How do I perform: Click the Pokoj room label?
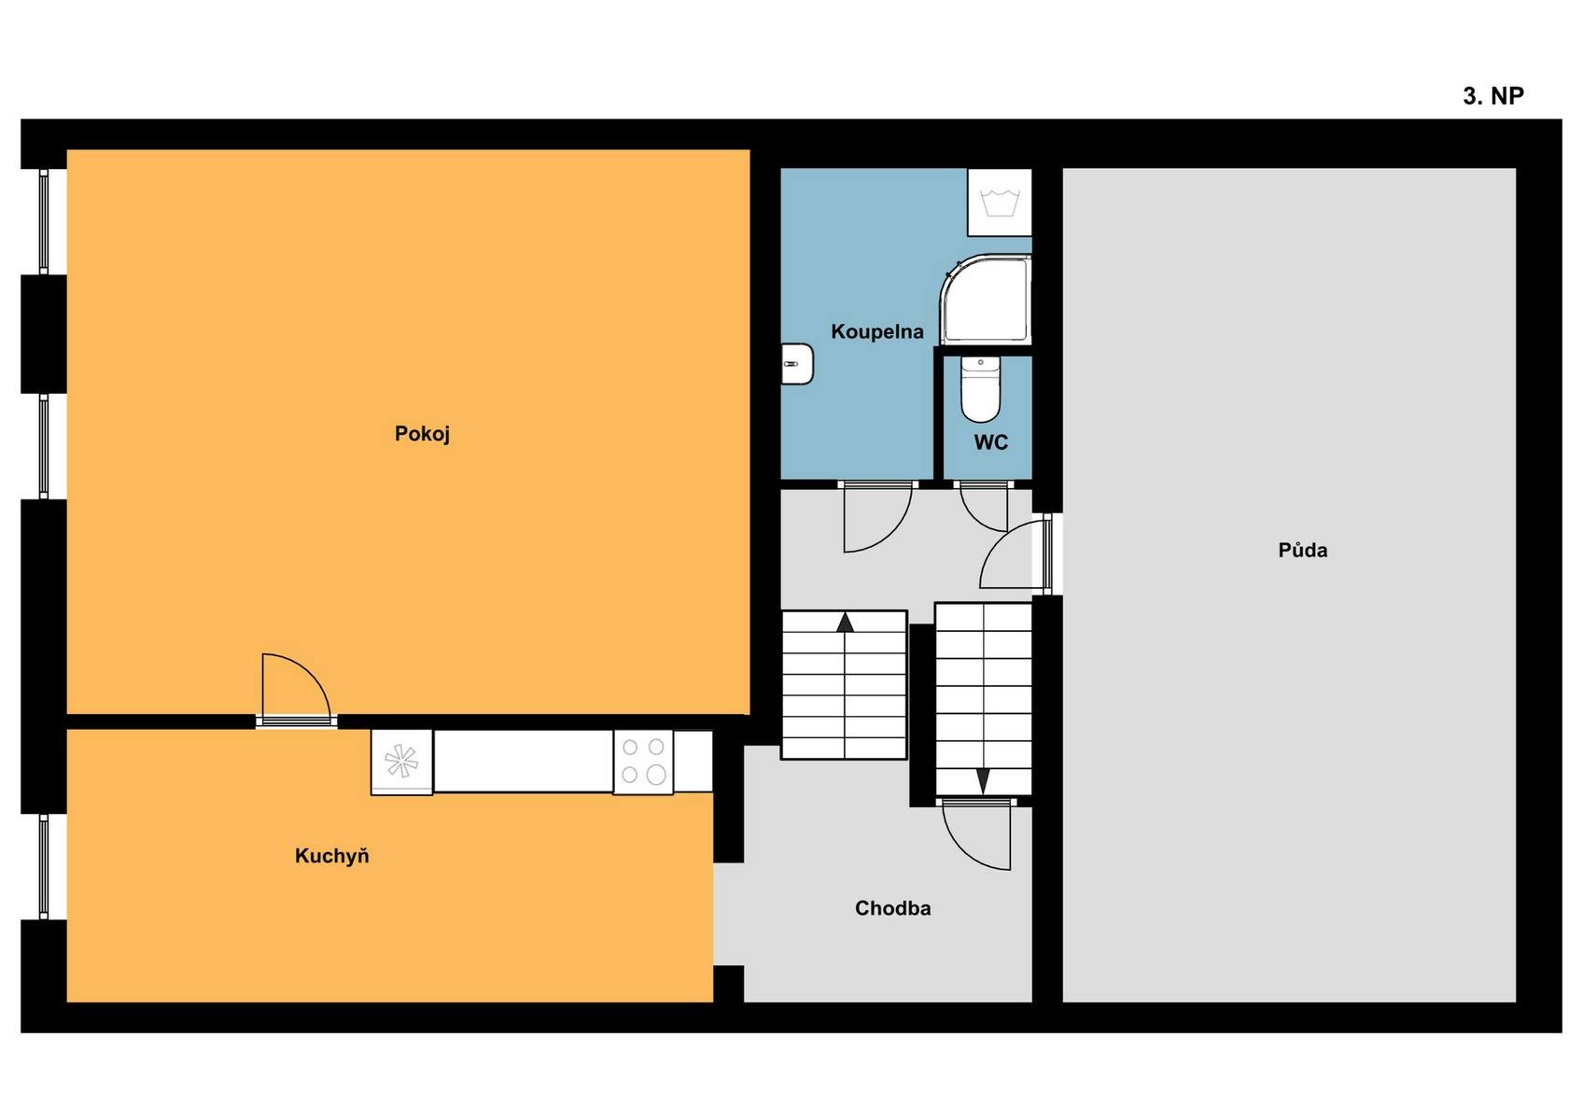[x=422, y=434]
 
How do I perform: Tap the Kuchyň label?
[x=331, y=856]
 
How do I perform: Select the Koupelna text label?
[x=877, y=332]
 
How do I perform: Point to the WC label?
[x=991, y=442]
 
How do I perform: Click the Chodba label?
[x=892, y=908]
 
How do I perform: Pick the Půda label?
[x=1302, y=550]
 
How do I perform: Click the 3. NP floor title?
[x=1492, y=96]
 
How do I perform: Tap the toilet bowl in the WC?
[x=980, y=389]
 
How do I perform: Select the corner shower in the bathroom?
[x=985, y=300]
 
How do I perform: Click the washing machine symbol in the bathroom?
[x=1000, y=203]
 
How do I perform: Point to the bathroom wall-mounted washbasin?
[x=797, y=364]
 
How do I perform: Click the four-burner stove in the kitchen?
[x=643, y=762]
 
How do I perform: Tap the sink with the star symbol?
[x=401, y=762]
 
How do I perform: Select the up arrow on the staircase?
[x=846, y=622]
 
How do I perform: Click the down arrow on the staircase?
[x=983, y=781]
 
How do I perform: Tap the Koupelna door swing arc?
[x=889, y=531]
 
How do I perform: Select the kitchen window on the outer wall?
[x=44, y=866]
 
